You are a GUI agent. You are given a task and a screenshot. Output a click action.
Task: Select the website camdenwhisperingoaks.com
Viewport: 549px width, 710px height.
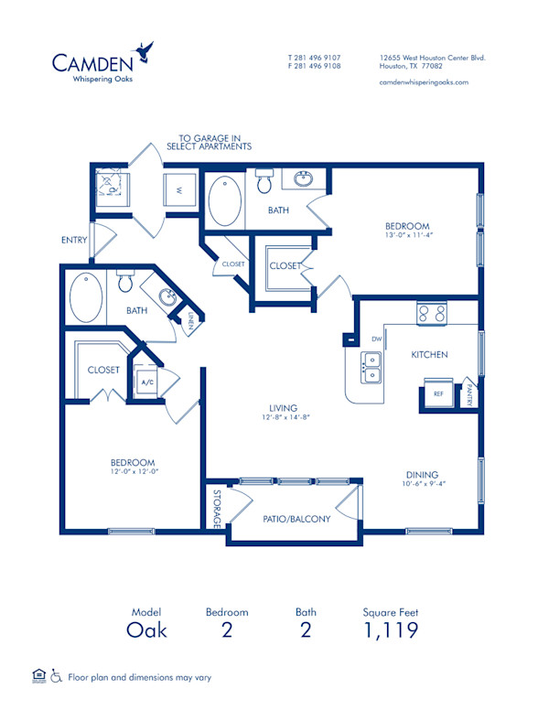(x=423, y=81)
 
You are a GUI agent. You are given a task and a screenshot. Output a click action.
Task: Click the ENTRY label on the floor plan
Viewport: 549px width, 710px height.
(x=74, y=241)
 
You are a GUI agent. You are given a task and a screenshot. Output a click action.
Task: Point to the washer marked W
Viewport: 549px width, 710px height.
(x=178, y=190)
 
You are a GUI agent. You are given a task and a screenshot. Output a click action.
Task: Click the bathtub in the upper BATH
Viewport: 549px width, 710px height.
(x=224, y=201)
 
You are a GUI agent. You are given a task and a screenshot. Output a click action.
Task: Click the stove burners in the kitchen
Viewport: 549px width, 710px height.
(x=432, y=314)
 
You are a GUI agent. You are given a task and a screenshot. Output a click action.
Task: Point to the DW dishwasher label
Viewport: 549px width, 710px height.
(x=374, y=339)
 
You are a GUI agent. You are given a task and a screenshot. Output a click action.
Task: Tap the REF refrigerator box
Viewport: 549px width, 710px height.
(x=437, y=393)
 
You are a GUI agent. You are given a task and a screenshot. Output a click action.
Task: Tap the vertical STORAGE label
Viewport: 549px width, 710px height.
(x=217, y=510)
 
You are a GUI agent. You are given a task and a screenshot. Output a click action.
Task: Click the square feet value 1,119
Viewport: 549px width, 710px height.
(x=391, y=629)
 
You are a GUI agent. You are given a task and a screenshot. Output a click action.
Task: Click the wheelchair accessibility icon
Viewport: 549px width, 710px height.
(x=56, y=676)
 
